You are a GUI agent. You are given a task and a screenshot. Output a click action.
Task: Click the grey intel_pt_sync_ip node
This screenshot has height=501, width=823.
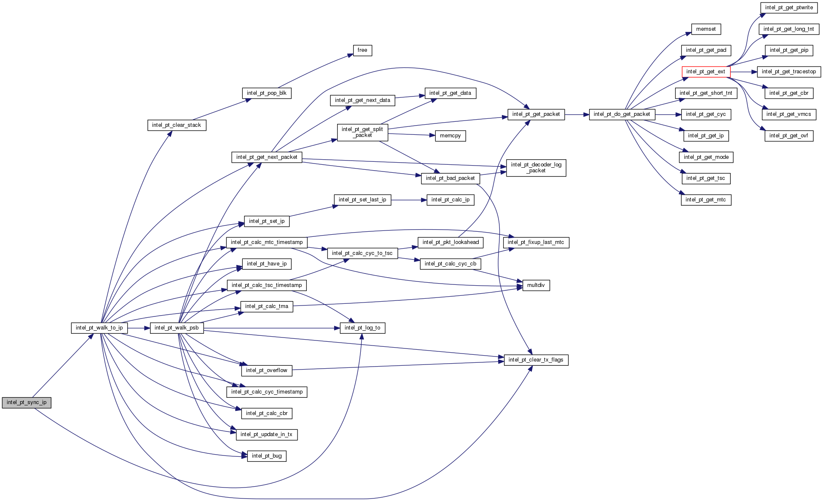coord(27,403)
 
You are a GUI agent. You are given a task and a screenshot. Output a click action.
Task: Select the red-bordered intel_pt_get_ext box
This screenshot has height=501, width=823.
coord(706,72)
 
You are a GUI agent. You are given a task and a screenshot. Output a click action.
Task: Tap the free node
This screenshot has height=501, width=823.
coord(362,51)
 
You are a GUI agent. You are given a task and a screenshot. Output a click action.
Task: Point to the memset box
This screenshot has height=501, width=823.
coord(706,29)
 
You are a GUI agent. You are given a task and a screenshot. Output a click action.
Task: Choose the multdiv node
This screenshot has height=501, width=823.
coord(536,286)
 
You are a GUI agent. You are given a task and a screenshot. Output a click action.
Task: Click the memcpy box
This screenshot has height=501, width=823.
coord(450,136)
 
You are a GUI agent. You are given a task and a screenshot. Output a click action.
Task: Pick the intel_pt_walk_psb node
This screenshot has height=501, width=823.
coord(177,328)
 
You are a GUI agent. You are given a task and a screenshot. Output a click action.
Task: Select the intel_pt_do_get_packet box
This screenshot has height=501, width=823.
coord(622,115)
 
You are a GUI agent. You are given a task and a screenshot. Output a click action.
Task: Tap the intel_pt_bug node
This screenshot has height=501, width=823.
coord(267,456)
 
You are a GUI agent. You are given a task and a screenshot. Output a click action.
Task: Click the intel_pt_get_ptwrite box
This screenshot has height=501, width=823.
coord(789,8)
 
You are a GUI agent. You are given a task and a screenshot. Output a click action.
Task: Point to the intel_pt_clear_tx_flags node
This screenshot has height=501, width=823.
coord(536,360)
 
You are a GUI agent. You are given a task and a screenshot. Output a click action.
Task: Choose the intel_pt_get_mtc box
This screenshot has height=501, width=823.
coord(706,200)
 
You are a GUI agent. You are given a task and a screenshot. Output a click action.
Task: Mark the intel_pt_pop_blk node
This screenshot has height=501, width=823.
coord(267,94)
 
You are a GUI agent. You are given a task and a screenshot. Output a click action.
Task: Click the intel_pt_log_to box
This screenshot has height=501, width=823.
coord(362,328)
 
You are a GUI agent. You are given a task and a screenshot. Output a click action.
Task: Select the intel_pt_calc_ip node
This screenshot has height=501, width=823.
coord(450,200)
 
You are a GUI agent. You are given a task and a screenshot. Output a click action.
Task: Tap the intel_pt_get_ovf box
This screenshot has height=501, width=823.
coord(789,136)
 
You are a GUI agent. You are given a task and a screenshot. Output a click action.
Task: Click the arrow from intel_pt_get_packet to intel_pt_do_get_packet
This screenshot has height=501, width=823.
coord(577,115)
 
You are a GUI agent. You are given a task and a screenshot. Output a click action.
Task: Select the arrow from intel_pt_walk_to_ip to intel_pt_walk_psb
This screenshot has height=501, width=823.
coord(139,328)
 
